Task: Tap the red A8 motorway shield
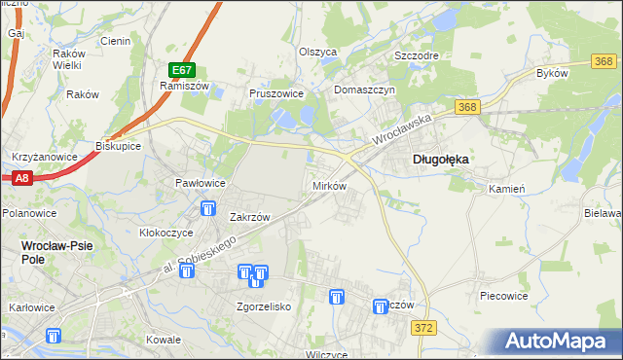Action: [22, 178]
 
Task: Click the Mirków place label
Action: [328, 185]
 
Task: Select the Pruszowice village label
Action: [276, 94]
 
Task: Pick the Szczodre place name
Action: [416, 55]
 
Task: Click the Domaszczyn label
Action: [363, 90]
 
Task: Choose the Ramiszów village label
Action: [179, 86]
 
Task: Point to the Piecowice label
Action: [503, 294]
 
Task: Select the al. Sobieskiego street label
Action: [200, 251]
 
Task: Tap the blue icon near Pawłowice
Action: [207, 208]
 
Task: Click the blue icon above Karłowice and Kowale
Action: [53, 336]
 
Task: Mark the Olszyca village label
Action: [317, 51]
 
